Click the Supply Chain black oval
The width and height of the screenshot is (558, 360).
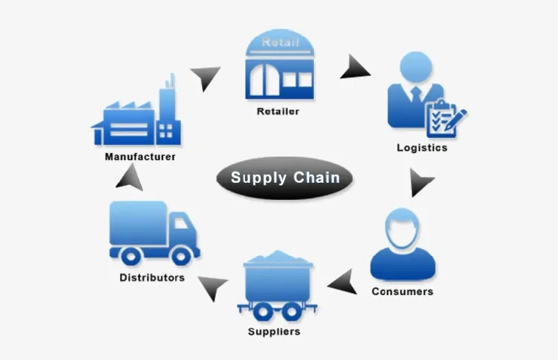(x=285, y=178)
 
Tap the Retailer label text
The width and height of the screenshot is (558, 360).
(x=278, y=111)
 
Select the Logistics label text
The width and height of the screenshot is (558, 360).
(x=421, y=148)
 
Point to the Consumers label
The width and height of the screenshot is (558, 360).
(x=402, y=291)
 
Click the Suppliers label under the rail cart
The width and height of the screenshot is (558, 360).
(x=274, y=332)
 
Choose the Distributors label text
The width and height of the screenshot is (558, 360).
(x=152, y=278)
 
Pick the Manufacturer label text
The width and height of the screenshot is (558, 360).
(x=140, y=157)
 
